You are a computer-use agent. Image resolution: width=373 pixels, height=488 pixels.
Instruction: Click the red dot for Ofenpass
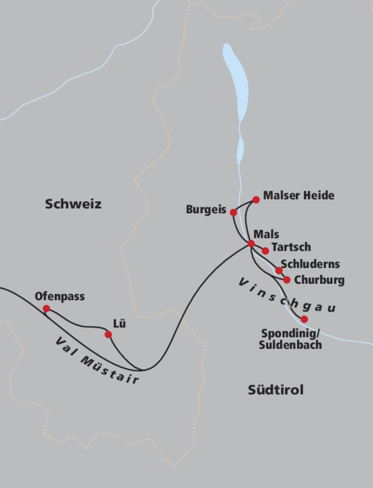(x=46, y=309)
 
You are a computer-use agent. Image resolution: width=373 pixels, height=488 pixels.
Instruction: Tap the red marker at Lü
(x=108, y=334)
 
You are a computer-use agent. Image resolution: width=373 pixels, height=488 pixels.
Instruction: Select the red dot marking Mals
(x=251, y=243)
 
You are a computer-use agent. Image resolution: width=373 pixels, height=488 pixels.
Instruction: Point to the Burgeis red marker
(x=233, y=212)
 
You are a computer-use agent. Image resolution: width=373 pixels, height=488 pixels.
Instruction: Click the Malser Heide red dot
(x=256, y=200)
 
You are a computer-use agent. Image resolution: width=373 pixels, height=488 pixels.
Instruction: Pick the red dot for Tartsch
(x=265, y=251)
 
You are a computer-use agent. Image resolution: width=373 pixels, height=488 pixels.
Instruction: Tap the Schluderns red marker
(x=279, y=270)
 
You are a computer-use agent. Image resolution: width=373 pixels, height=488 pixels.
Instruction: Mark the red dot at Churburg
(x=287, y=280)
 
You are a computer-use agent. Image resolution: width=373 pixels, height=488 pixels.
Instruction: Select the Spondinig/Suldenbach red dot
(x=304, y=319)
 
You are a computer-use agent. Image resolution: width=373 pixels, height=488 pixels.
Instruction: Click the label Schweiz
(x=73, y=204)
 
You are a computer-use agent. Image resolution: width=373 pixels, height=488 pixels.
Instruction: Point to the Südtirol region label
(x=276, y=390)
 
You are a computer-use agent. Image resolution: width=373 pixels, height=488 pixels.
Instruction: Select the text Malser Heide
(x=298, y=195)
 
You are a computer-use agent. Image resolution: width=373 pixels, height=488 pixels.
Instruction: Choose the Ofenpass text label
(x=60, y=296)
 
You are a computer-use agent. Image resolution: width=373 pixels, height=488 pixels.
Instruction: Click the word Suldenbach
(x=290, y=345)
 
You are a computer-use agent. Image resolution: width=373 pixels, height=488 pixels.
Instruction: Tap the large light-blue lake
(x=236, y=82)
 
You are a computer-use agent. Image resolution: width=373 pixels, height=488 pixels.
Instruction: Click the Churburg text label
(x=319, y=280)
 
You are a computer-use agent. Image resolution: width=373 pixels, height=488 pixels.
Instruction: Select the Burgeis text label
(x=206, y=210)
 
